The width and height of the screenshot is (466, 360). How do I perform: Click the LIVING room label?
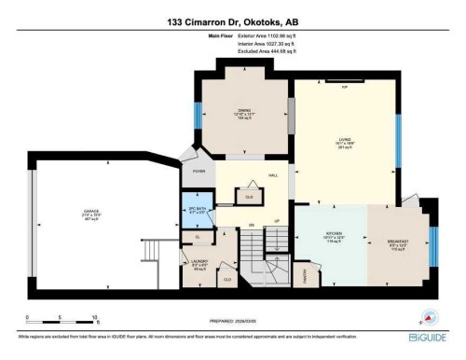(344, 144)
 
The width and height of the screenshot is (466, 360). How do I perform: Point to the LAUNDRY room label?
(199, 263)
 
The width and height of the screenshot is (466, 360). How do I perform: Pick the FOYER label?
(199, 171)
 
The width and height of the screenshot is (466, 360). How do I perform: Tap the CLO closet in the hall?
(249, 196)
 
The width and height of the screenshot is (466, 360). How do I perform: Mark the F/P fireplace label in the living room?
(344, 87)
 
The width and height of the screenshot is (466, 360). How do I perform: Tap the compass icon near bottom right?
(430, 317)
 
